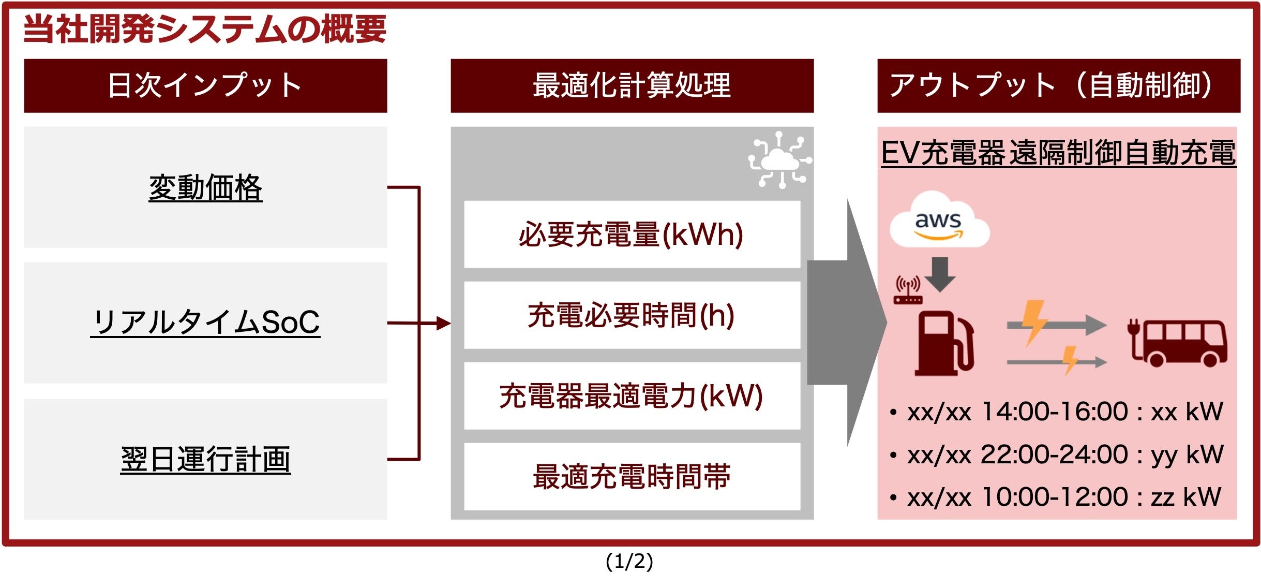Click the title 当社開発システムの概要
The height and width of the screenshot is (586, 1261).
point(205,29)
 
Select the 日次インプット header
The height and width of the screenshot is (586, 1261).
point(205,85)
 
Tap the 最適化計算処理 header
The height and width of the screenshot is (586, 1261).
point(632,85)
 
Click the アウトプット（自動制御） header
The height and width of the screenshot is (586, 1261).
point(1058,85)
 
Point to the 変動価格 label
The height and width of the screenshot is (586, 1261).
point(205,187)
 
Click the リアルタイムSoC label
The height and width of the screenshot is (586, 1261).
point(205,323)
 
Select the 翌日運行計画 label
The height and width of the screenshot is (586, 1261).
point(205,459)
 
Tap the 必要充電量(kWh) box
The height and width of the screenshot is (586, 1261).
point(632,235)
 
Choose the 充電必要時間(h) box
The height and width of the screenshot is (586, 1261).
point(632,315)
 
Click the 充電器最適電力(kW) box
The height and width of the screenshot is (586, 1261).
point(632,396)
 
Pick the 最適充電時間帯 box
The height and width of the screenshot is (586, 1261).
point(632,477)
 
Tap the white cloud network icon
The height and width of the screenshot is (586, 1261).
point(779,160)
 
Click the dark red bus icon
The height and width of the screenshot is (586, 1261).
point(1178,343)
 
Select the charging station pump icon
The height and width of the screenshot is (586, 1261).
point(943,343)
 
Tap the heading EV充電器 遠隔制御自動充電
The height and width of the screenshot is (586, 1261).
point(1058,153)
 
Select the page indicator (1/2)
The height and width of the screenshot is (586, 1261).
point(629,562)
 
